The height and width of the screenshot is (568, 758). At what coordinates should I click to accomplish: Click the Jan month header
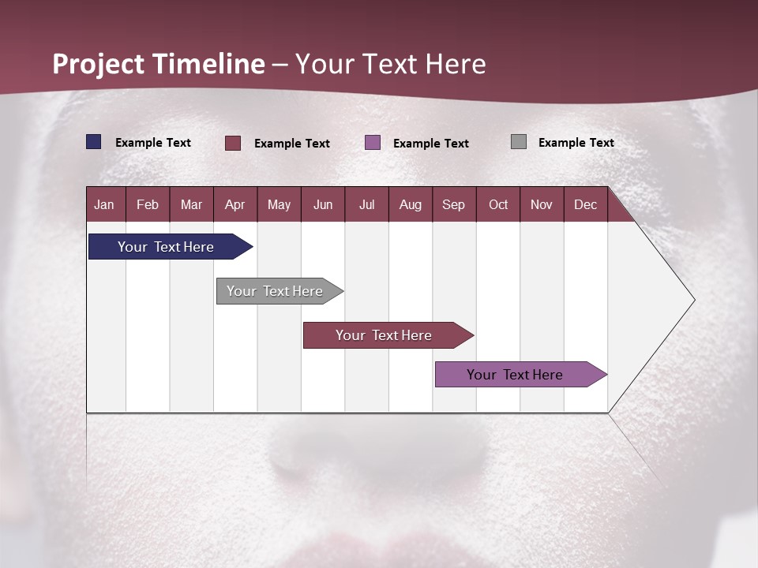(x=105, y=204)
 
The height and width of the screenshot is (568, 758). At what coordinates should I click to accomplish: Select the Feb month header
(x=148, y=204)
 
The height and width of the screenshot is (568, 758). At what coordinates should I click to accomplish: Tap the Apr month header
(x=235, y=204)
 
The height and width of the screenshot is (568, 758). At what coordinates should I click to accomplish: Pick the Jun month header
(x=323, y=204)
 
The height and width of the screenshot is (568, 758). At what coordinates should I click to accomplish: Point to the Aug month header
(x=411, y=204)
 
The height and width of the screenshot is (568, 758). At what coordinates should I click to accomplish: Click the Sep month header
(x=454, y=204)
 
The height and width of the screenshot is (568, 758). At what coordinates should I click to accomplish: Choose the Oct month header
(x=498, y=204)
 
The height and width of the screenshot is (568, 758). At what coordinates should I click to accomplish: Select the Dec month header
(x=586, y=204)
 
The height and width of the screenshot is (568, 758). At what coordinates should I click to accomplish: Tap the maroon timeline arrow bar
(x=385, y=335)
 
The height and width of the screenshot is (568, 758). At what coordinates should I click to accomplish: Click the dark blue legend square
(x=94, y=142)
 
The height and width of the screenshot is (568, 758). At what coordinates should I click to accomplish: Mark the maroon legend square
(x=233, y=143)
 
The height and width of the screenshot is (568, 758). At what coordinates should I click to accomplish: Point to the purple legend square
(x=373, y=143)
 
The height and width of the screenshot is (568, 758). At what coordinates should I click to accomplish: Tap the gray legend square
(x=519, y=142)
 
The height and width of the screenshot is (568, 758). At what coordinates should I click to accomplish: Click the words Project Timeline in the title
(x=159, y=64)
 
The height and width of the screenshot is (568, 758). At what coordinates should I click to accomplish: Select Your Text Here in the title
(x=391, y=64)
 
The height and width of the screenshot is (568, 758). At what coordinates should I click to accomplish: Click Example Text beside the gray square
(x=576, y=143)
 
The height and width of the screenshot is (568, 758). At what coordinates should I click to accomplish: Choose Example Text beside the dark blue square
(x=153, y=143)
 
